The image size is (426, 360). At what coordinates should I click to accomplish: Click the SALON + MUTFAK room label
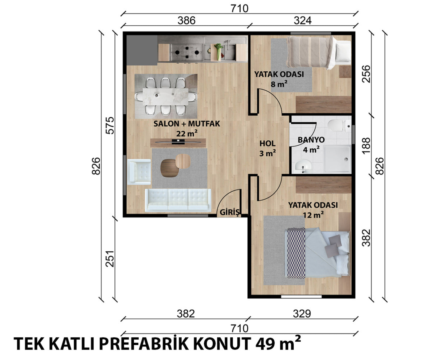187,124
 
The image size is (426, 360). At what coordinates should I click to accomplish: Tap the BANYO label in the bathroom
311,140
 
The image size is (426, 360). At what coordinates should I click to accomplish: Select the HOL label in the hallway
267,144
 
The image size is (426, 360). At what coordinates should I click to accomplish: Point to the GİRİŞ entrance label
229,213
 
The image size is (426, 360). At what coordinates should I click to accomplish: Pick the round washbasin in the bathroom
303,166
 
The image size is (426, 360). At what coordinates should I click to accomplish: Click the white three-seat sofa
178,200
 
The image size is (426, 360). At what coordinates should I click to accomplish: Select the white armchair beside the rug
139,172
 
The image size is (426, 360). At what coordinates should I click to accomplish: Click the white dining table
165,96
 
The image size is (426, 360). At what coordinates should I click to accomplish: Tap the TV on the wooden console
178,142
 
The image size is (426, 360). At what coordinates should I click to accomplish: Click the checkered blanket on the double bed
296,253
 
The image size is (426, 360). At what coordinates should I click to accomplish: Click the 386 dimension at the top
187,21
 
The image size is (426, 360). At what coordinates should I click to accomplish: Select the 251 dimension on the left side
110,259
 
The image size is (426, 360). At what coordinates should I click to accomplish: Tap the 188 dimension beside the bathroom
366,146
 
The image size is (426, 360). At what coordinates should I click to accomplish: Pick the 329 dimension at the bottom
302,314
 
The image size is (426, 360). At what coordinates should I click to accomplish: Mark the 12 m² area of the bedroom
313,215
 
